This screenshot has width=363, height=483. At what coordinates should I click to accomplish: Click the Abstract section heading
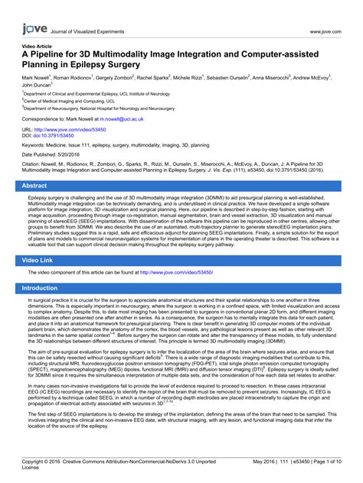coord(34,186)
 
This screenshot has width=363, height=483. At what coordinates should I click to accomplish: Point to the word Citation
coord(34,164)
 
